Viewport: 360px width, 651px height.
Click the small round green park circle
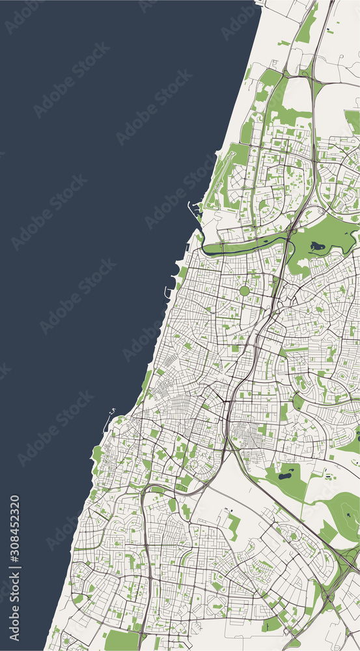244,291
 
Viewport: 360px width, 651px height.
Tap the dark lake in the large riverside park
318,246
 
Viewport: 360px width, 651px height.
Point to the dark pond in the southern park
284,476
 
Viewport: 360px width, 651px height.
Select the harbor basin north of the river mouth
193,209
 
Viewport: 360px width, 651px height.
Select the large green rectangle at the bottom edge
121,641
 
